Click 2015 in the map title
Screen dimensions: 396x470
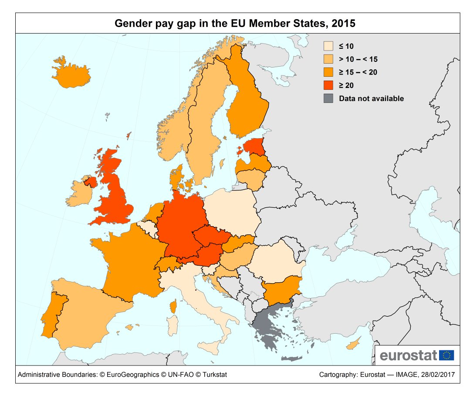pos(343,24)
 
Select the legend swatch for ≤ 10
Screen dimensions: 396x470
pos(328,46)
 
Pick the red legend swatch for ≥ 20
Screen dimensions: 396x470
pos(328,85)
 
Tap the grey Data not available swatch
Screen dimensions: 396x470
pos(328,98)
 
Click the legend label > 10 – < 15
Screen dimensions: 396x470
pos(358,59)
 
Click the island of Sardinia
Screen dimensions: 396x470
pos(173,327)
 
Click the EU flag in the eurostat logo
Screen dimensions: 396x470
pos(446,355)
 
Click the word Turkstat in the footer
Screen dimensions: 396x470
pos(213,375)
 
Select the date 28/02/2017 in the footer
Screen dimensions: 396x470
pos(438,375)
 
